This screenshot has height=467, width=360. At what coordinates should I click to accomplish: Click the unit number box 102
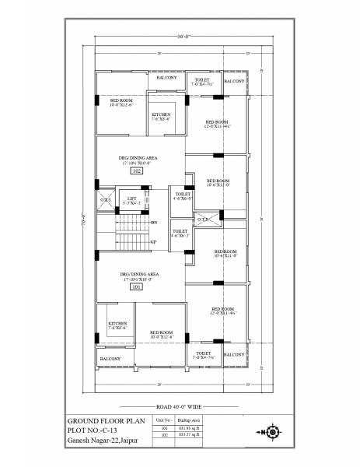(135, 170)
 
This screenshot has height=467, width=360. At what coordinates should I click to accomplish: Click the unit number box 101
(135, 286)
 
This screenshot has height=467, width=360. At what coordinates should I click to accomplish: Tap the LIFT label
(132, 199)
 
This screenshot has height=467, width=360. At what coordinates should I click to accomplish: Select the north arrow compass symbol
(271, 432)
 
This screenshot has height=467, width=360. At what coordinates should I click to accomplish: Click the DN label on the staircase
(154, 223)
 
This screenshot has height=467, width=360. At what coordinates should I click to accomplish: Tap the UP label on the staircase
(153, 242)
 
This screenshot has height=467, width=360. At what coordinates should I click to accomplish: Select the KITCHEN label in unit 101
(117, 322)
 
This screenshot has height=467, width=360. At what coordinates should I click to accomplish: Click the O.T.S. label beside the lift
(106, 200)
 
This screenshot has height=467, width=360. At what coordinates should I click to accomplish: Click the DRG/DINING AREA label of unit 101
(140, 275)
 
